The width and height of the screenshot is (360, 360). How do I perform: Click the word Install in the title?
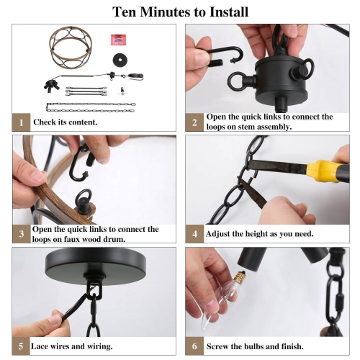[229, 12]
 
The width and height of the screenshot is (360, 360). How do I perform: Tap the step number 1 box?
[21, 122]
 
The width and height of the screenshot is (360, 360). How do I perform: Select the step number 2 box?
[194, 122]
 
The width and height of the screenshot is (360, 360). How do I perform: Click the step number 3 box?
[22, 234]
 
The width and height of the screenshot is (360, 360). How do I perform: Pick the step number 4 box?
[194, 234]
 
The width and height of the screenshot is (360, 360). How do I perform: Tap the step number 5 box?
[21, 346]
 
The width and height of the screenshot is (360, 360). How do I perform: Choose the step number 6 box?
[194, 346]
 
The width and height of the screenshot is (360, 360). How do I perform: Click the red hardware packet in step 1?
[118, 40]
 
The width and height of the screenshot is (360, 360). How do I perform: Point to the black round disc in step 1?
[120, 60]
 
